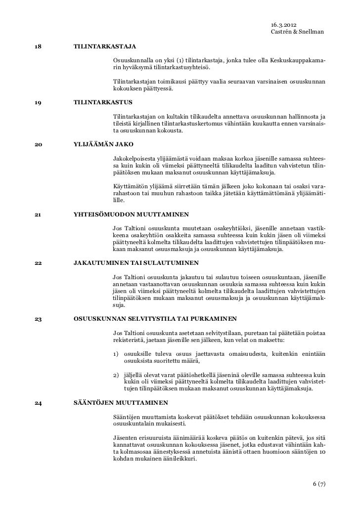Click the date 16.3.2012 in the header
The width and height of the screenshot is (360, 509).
pos(284,25)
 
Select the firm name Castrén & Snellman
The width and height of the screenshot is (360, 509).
pos(298,32)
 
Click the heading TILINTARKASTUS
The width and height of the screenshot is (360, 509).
pos(103,103)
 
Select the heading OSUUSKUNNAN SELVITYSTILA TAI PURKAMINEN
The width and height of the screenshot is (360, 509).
pos(155,318)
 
